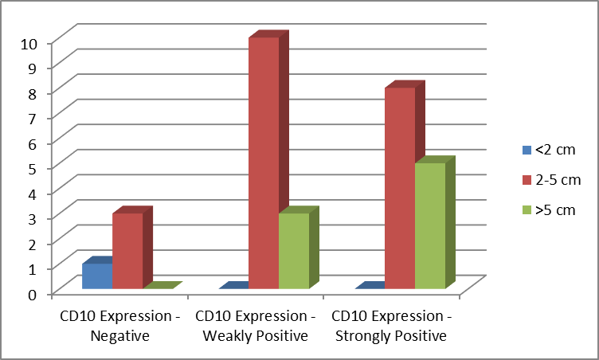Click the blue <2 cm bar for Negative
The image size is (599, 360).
tap(97, 276)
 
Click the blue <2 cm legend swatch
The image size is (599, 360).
tap(527, 150)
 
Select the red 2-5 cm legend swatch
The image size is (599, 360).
tap(527, 180)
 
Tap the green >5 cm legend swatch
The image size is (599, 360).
tap(527, 210)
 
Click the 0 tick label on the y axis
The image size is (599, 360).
tap(33, 295)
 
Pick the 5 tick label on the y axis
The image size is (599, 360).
tap(33, 170)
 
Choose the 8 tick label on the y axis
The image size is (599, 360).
tap(33, 94)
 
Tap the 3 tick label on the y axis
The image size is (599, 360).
tap(33, 219)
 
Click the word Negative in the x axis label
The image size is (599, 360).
tap(120, 336)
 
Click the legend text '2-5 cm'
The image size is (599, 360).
tap(558, 180)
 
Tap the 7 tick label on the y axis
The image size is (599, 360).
tap(33, 119)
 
